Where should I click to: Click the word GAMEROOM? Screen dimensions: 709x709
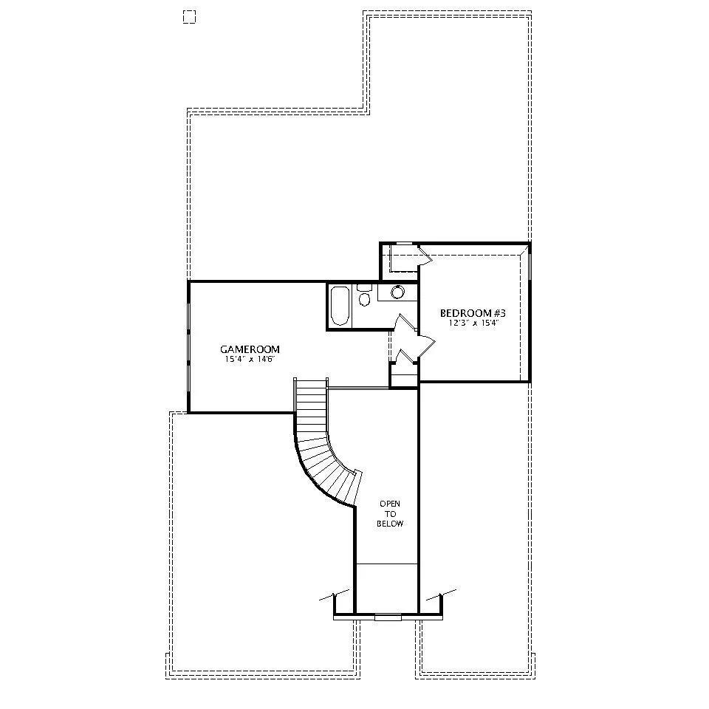pos(250,349)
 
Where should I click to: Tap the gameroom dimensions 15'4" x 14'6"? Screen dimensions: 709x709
pos(250,360)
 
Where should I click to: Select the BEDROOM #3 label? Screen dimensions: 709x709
pos(473,313)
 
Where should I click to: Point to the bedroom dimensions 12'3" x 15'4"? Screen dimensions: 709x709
pos(473,323)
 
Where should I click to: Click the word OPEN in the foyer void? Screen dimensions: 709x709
pos(390,504)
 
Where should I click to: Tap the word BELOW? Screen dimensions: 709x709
pos(390,524)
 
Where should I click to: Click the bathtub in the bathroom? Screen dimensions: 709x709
pos(340,306)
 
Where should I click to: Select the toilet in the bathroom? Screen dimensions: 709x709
pos(364,295)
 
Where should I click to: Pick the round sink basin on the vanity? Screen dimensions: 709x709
pos(397,292)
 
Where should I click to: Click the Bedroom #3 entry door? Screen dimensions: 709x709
pos(426,346)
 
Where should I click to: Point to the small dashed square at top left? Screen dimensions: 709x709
pos(189,17)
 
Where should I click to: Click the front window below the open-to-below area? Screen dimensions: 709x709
pos(388,617)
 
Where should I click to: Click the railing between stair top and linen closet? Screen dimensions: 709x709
pos(359,388)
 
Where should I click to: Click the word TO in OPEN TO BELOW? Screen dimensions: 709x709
pos(390,514)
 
